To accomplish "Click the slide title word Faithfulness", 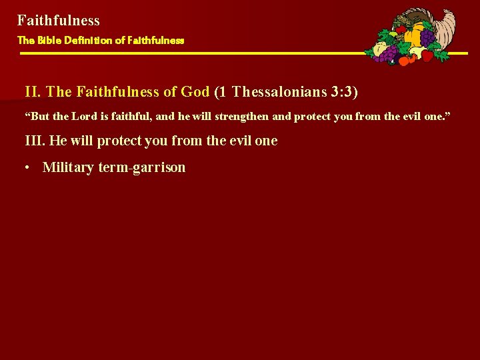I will point(59,21).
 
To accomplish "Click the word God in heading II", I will point(195,92).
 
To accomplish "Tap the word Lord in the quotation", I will point(85,116).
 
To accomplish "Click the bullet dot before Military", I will point(27,167).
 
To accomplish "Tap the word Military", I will point(68,167).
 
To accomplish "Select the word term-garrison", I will point(142,167).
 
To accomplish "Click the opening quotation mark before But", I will point(27,115).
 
